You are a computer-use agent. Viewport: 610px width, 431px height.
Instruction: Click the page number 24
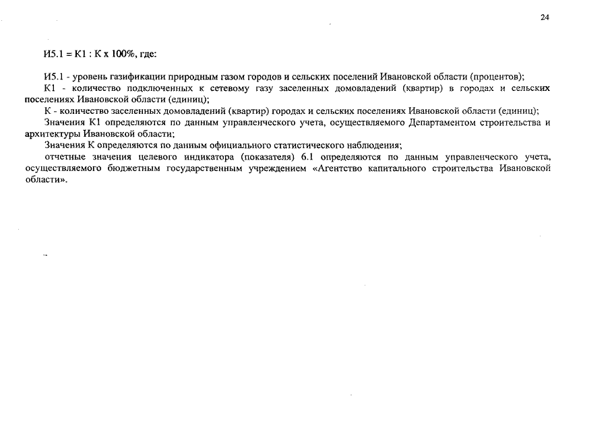click(545, 18)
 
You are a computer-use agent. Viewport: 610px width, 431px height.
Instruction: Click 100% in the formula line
click(125, 54)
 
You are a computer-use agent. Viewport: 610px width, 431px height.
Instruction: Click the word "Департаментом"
click(440, 123)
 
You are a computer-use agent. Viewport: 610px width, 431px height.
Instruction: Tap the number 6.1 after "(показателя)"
click(308, 157)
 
